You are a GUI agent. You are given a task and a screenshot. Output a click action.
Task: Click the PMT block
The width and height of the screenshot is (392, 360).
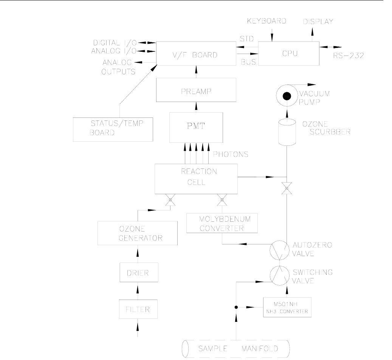195,126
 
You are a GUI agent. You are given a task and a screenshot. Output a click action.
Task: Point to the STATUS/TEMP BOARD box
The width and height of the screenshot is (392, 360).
113,128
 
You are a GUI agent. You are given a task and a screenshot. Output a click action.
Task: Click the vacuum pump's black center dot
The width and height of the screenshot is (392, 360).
287,94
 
